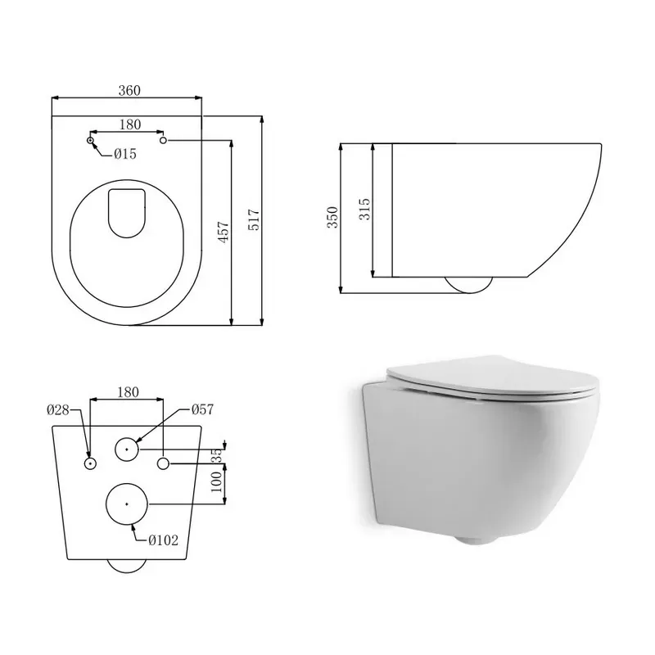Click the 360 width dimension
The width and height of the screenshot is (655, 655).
coord(127,91)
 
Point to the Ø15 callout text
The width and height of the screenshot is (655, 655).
coord(124,154)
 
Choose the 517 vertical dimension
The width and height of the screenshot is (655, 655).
coord(253,219)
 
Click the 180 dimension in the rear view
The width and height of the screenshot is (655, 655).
coord(128,392)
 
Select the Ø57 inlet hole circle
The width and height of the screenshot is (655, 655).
coord(127,449)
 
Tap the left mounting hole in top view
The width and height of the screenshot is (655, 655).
coord(91,142)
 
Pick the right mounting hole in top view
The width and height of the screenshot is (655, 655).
coord(164,142)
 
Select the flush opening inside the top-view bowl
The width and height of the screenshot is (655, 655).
coord(125,211)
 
